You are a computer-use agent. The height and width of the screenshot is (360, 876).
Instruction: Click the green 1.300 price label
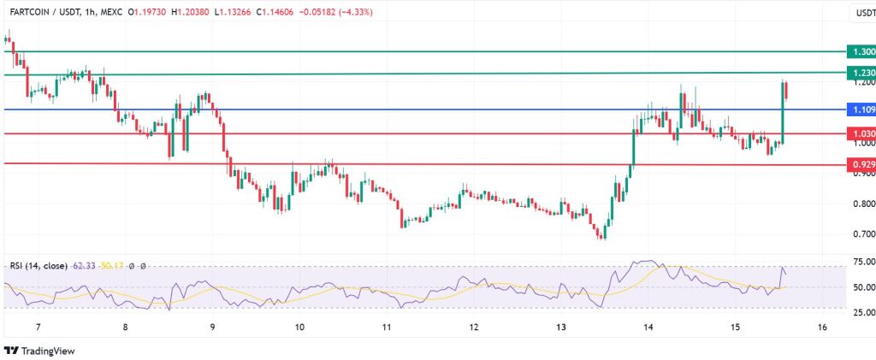pos(859,52)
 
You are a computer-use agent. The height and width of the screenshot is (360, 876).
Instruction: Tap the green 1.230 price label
pos(859,74)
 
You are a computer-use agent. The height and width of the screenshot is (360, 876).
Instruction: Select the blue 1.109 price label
pos(859,110)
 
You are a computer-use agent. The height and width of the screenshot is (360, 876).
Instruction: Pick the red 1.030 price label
pos(859,134)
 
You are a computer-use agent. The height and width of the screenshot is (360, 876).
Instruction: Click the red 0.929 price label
pos(859,163)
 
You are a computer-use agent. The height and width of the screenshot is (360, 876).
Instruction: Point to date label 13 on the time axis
pos(560,328)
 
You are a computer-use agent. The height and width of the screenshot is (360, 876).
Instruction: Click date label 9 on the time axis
pos(212,328)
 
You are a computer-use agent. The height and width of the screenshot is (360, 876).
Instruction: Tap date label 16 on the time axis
pos(821,328)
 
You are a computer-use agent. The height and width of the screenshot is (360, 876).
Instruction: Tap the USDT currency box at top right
pos(862,14)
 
